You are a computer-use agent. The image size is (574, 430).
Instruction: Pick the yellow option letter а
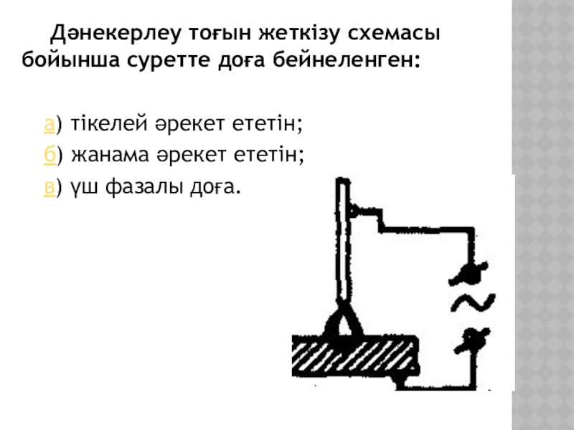48,125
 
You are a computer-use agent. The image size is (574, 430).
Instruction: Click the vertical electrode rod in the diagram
343,244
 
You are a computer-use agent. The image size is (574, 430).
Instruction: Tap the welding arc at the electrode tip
343,325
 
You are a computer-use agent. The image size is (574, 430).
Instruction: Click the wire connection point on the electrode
354,210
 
